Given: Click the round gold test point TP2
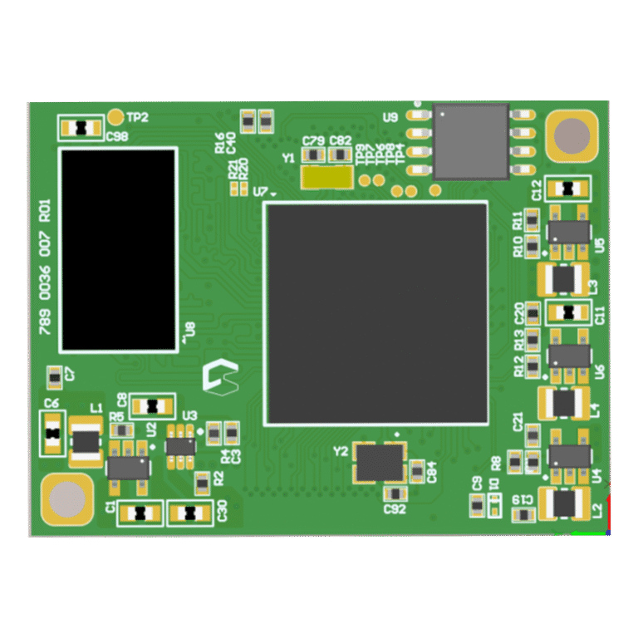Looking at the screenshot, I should coord(116,117).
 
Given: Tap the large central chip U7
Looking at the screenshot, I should coord(376,313).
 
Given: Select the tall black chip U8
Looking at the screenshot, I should coord(118,249).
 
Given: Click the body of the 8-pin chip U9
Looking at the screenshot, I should coord(471,141).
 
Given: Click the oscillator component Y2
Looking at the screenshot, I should coord(380,463).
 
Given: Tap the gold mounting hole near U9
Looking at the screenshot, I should coord(572,135).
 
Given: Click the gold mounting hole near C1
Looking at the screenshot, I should coord(66,500).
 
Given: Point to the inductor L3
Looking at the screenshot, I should coord(565,279).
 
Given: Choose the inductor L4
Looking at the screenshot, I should coord(565,404).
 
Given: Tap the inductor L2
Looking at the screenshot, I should coord(565,503).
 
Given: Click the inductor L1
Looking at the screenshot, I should coord(86,441).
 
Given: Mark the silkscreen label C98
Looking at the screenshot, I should coord(116,137).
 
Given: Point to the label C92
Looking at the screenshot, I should coord(395,508).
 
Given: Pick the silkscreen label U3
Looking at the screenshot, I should coord(189,415).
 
